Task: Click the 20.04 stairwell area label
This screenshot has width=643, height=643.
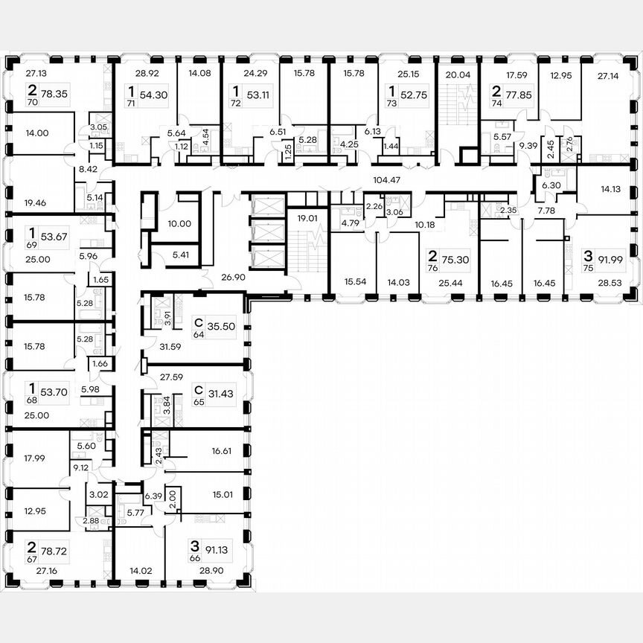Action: coord(459,74)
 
